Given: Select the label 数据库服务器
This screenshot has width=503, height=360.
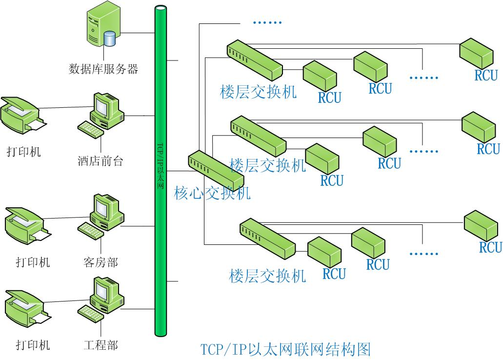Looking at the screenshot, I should (103, 68).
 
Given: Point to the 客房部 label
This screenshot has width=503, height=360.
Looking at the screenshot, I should (101, 262).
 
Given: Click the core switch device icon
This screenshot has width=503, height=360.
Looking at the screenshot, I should (216, 171).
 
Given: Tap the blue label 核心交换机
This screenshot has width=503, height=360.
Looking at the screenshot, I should (212, 193).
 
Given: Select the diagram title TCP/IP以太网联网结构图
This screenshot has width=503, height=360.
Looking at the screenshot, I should (286, 349).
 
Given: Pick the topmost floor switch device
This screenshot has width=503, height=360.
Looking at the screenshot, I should (254, 60).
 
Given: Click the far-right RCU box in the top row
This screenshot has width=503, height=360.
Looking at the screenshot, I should (479, 54).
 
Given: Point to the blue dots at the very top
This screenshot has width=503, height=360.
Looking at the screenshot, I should (268, 22).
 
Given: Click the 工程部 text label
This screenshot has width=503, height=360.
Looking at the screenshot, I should (101, 345).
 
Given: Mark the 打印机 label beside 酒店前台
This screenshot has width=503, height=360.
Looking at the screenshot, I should (24, 151).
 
